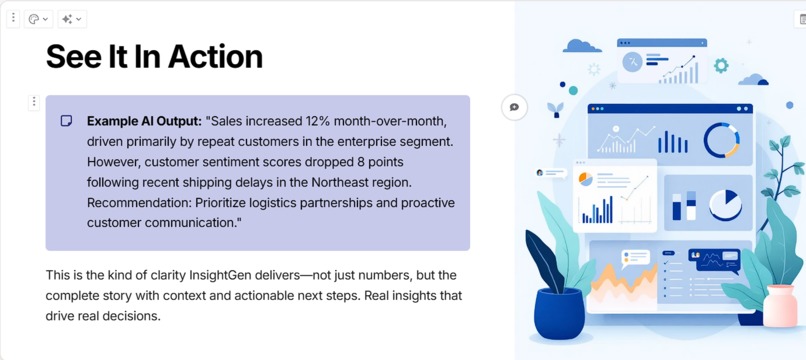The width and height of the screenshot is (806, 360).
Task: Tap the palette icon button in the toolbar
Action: click(x=38, y=19)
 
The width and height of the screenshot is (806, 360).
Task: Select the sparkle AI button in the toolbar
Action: click(x=71, y=19)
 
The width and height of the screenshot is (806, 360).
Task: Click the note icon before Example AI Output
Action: click(x=66, y=121)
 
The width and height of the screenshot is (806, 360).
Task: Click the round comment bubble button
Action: click(x=514, y=107)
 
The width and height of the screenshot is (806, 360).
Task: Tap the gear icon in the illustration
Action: click(x=721, y=66)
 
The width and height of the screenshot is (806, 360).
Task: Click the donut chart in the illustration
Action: click(x=721, y=141)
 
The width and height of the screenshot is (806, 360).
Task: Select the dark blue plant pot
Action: click(x=558, y=311)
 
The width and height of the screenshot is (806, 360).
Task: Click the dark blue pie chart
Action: click(x=725, y=204)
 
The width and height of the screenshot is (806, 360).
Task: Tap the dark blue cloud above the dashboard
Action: click(x=582, y=46)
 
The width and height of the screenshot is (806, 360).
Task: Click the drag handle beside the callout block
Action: click(x=34, y=101)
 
